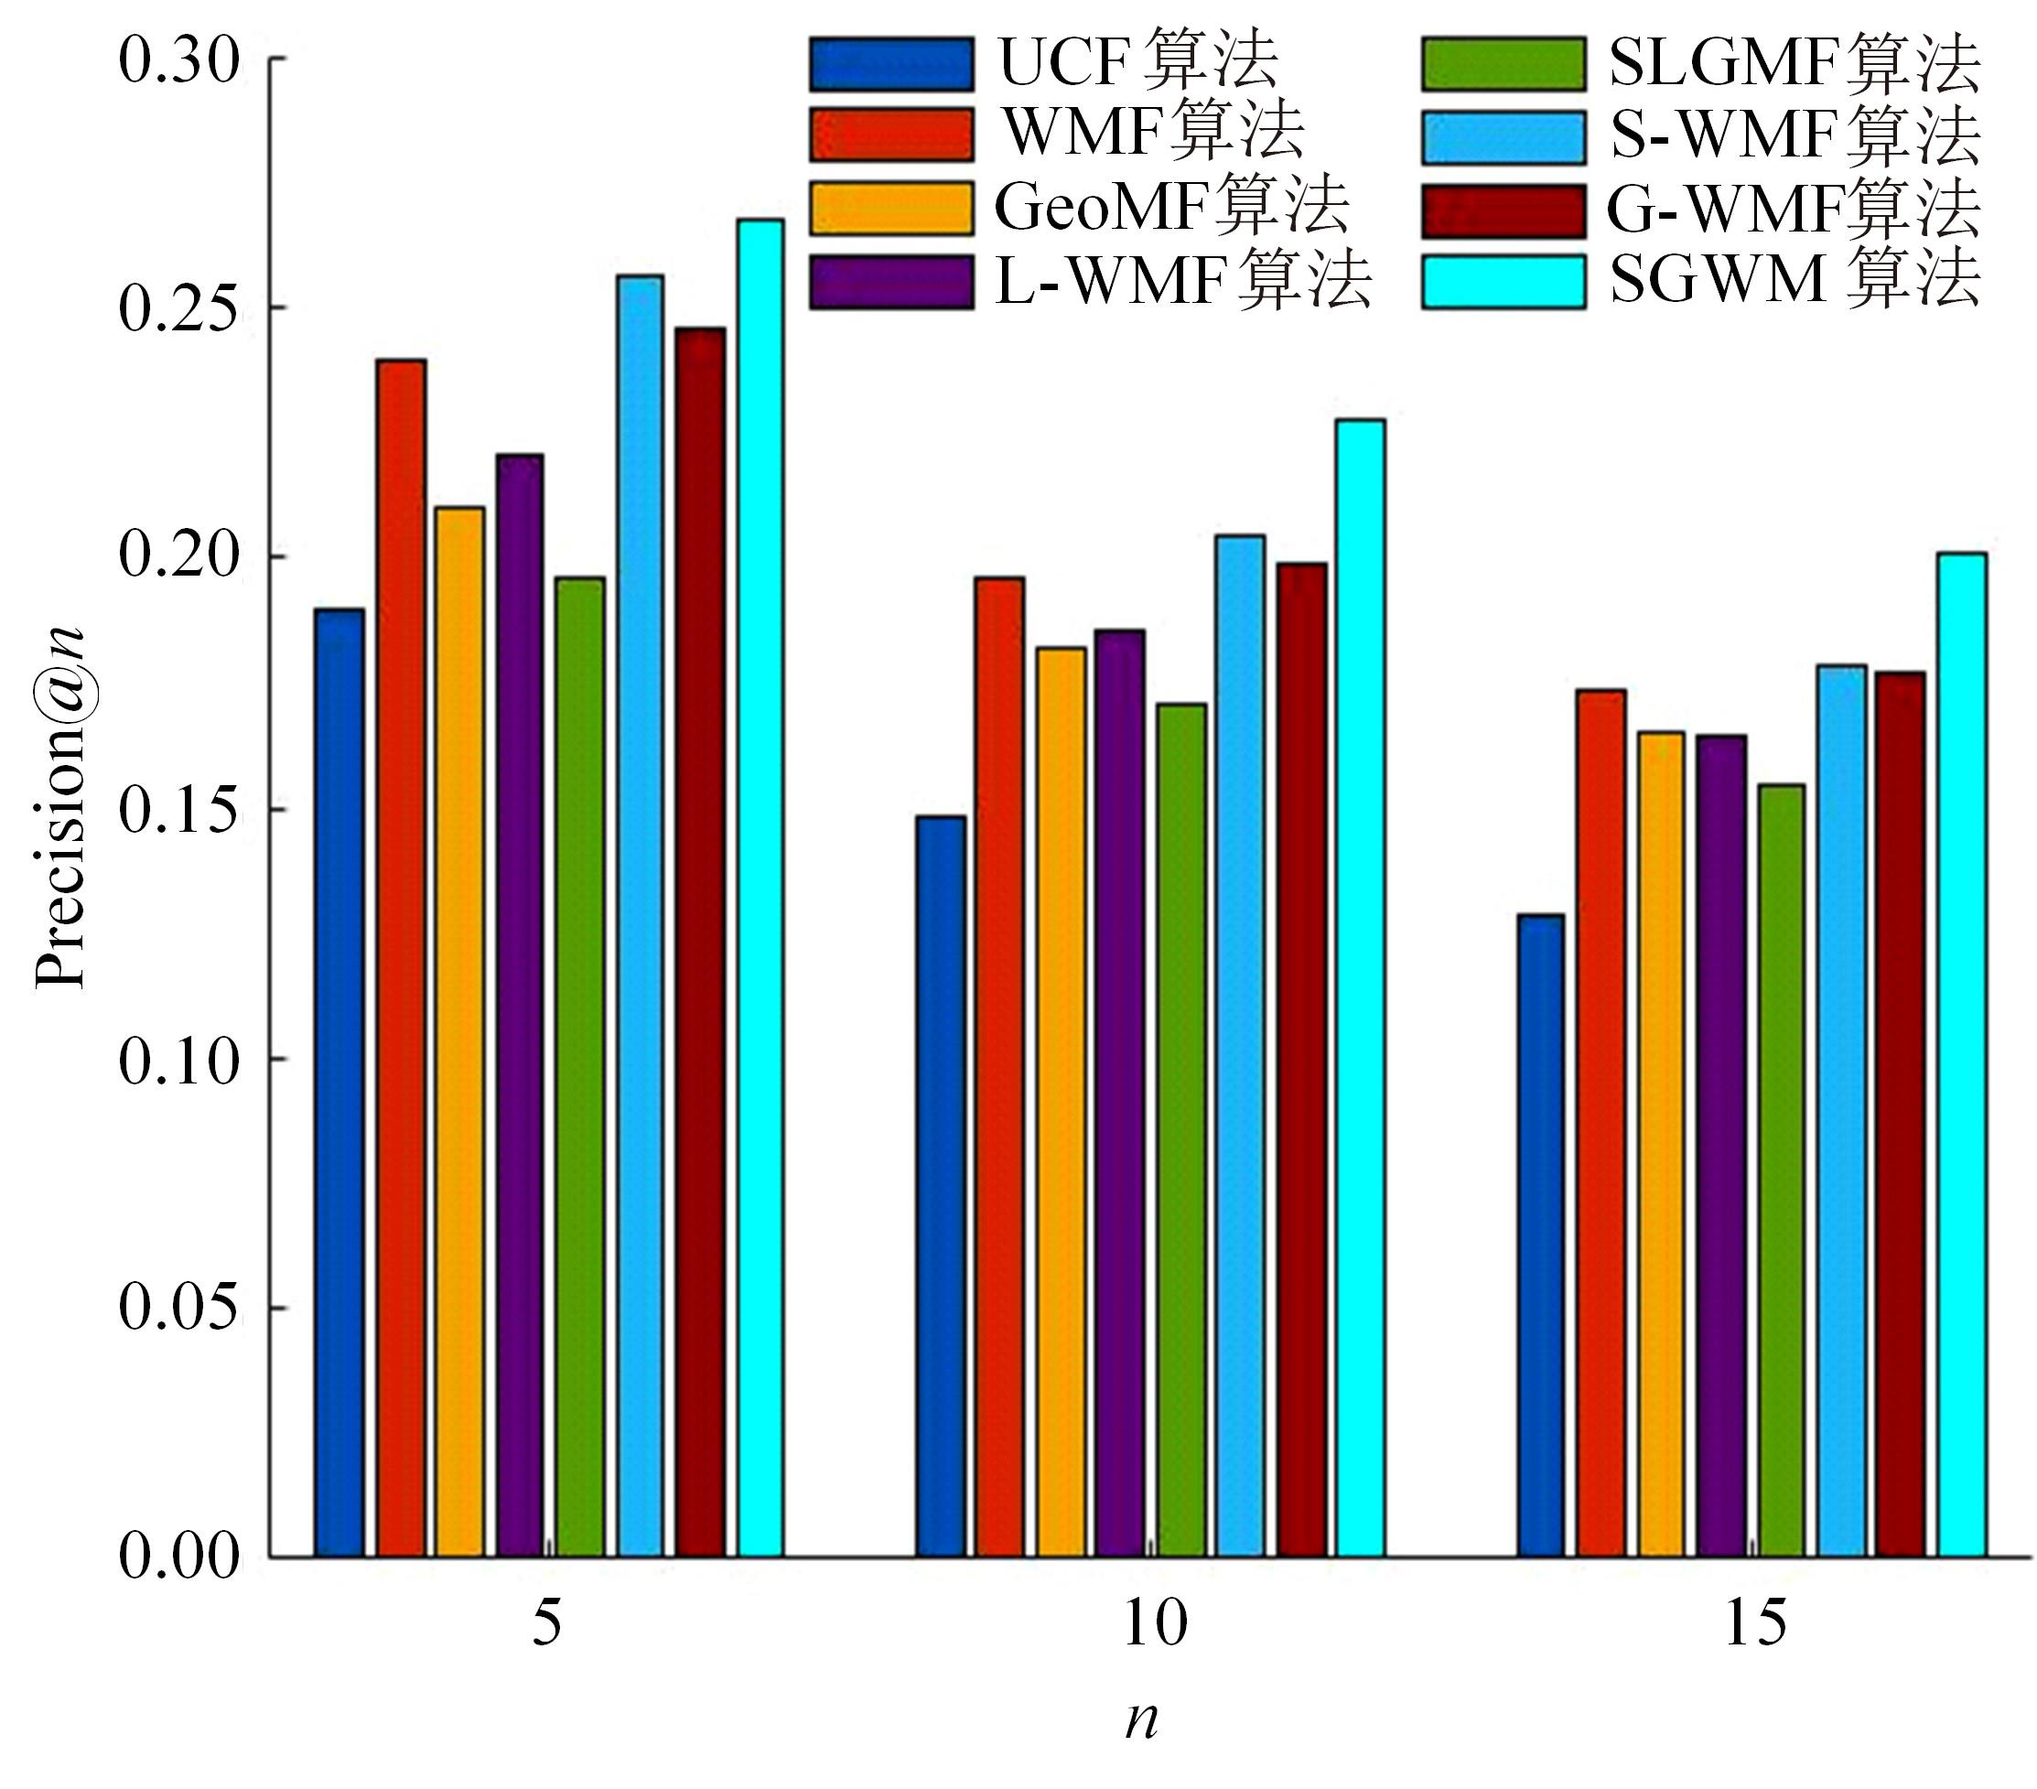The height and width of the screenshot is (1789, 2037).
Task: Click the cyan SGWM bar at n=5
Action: [x=760, y=887]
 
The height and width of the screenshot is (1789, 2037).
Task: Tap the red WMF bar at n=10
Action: [x=999, y=1066]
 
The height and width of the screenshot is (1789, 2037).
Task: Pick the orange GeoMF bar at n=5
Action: [x=459, y=1031]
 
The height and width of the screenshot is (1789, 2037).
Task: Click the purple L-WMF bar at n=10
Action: [x=1120, y=1093]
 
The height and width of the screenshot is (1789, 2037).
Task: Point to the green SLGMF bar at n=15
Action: [x=1781, y=1170]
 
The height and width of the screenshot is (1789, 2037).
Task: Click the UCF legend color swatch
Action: [x=891, y=64]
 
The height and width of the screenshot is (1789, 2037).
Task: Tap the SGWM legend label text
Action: [x=1794, y=280]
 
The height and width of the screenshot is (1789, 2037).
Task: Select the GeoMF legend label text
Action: [x=1172, y=208]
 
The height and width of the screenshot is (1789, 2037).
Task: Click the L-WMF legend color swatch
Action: [x=891, y=282]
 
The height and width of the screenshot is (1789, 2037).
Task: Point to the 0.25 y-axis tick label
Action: [x=180, y=308]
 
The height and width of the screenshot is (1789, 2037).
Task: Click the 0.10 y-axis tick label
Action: [x=180, y=1060]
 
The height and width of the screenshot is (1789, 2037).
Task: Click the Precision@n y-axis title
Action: [x=59, y=807]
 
